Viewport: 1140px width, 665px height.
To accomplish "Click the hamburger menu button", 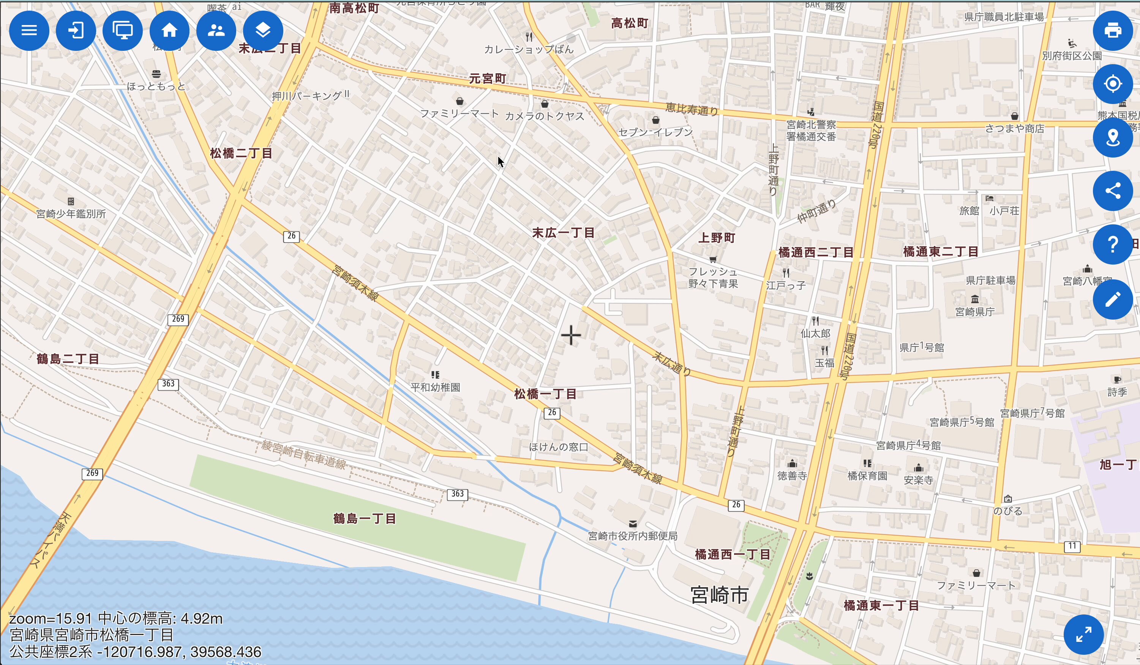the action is [x=29, y=31].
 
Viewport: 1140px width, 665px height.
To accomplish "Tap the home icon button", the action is [x=170, y=31].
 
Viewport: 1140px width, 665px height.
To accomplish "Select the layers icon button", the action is [x=263, y=31].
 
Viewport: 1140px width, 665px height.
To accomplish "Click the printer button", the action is [x=1112, y=31].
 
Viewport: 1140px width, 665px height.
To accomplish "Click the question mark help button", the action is [x=1112, y=244].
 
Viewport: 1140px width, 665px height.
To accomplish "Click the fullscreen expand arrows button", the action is [x=1083, y=634].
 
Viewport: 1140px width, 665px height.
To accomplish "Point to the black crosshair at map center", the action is [x=571, y=336].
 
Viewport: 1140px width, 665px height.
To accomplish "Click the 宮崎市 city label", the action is [x=719, y=595].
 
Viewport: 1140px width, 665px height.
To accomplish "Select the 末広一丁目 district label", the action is [x=563, y=233].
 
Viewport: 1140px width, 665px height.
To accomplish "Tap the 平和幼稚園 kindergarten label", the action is [x=435, y=387].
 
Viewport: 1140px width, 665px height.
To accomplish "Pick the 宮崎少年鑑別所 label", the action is [x=71, y=213].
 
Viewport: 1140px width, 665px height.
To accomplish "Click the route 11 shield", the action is [x=1072, y=546].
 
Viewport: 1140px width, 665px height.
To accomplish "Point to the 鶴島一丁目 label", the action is [x=365, y=518].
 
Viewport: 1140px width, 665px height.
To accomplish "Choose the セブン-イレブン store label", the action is [x=655, y=132].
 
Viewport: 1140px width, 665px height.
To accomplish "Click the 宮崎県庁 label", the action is [x=975, y=312].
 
